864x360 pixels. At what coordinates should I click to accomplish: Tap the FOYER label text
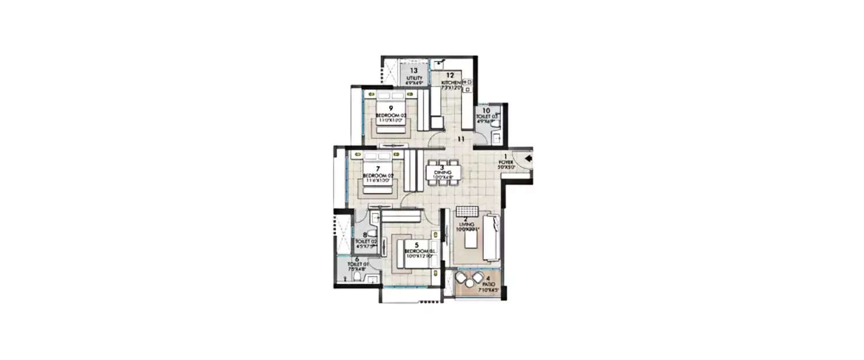(506, 162)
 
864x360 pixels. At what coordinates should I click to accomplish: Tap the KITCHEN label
(450, 82)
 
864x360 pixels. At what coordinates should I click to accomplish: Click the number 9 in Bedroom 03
(391, 108)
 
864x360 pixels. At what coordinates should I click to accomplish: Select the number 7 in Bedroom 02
(377, 169)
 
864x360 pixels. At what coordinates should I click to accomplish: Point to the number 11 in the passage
(461, 139)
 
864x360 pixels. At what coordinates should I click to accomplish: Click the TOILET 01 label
(357, 264)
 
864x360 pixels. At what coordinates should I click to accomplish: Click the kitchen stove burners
(468, 85)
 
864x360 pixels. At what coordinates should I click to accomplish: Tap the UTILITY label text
(414, 78)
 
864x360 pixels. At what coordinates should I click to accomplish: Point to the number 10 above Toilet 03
(486, 111)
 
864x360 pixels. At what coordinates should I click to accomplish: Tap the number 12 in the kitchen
(450, 75)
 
